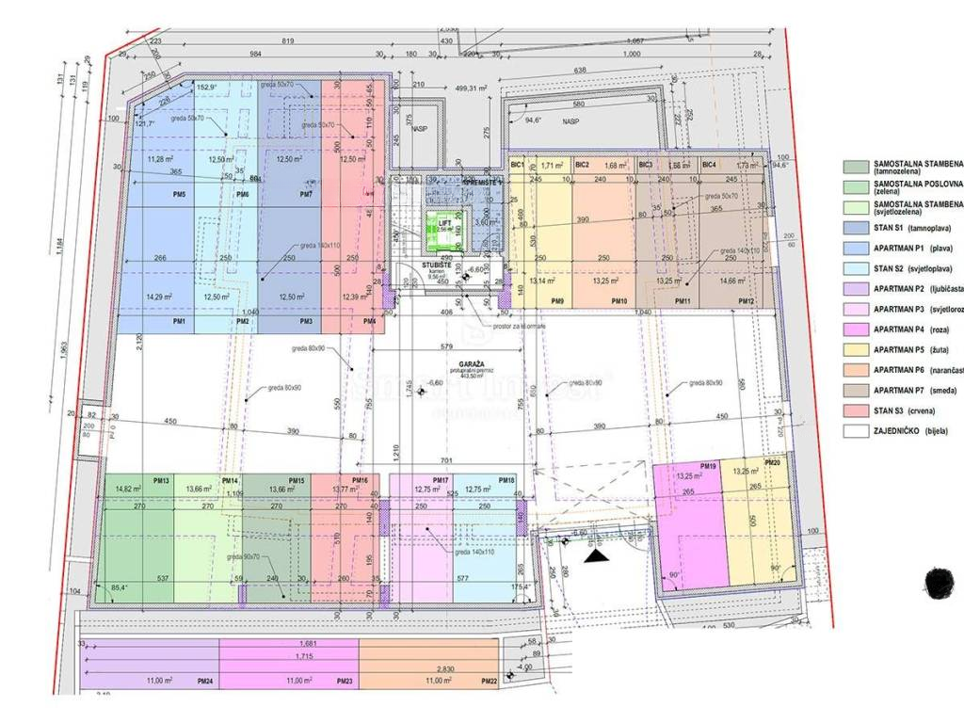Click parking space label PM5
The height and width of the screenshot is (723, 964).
point(179,194)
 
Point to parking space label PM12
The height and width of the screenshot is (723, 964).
point(747,300)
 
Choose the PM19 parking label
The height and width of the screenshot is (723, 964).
point(709,465)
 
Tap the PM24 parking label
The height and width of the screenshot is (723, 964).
point(204,680)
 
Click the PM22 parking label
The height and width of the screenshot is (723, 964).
point(489,680)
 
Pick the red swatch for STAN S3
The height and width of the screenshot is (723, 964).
point(856,410)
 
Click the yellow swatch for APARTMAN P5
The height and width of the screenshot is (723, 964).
point(856,349)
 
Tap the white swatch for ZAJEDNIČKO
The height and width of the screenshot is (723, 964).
point(856,431)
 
